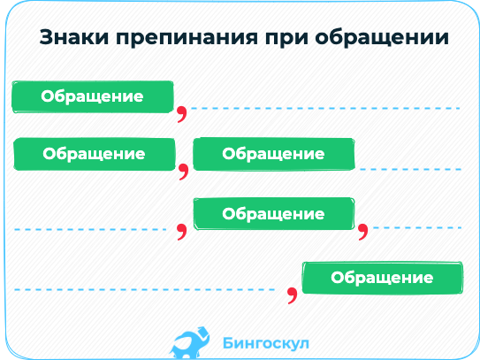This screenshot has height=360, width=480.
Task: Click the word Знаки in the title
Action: pyautogui.click(x=74, y=37)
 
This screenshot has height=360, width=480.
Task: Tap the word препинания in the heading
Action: pyautogui.click(x=187, y=38)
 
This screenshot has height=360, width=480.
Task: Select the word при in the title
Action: pyautogui.click(x=286, y=39)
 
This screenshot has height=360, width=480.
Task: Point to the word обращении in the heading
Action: pyautogui.click(x=382, y=38)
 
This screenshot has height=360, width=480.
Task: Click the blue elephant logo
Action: pyautogui.click(x=190, y=342)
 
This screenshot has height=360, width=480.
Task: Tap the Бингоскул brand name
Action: pyautogui.click(x=266, y=343)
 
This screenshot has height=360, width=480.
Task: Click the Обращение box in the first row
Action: pyautogui.click(x=93, y=96)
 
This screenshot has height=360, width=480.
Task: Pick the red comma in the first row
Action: pyautogui.click(x=182, y=114)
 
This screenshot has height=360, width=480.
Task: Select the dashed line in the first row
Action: pyautogui.click(x=325, y=109)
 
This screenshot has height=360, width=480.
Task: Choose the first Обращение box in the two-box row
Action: pyautogui.click(x=95, y=154)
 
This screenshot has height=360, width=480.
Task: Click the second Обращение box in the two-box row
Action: pyautogui.click(x=274, y=154)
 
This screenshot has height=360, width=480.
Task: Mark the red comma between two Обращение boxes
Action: pyautogui.click(x=184, y=172)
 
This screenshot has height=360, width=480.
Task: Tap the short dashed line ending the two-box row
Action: pyautogui.click(x=410, y=169)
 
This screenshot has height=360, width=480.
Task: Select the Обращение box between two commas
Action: pyautogui.click(x=274, y=214)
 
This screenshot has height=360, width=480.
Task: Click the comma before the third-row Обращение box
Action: pyautogui.click(x=182, y=232)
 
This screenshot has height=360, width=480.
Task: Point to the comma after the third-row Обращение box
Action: pyautogui.click(x=363, y=232)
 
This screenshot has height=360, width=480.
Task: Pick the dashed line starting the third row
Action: pyautogui.click(x=90, y=229)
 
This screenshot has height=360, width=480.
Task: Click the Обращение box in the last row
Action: pyautogui.click(x=383, y=278)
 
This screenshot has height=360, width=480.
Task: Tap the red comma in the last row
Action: pyautogui.click(x=293, y=295)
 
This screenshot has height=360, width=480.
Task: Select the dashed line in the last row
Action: pyautogui.click(x=144, y=289)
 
